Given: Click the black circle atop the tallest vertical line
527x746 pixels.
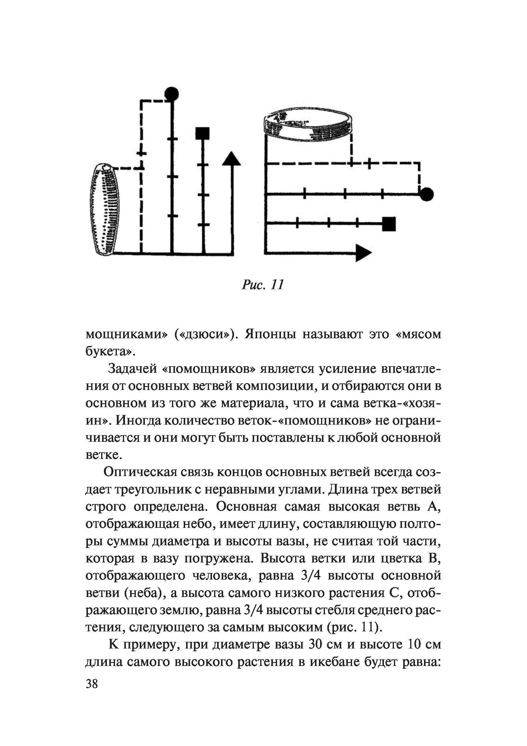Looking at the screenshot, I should point(171,94).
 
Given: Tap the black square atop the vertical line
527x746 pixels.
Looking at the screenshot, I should point(203,133).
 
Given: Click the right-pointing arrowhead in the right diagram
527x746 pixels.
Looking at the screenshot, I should point(363,252).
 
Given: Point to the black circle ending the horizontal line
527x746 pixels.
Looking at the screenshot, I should point(426,194).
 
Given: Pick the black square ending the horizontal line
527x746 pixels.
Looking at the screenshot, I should point(389,224).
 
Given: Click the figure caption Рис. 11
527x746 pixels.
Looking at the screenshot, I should point(263,285).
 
